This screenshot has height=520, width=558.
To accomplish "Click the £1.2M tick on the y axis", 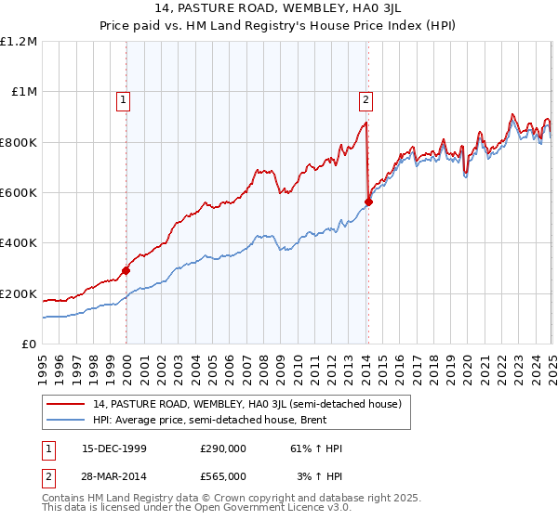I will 19,42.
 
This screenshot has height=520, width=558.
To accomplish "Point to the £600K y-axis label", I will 19,193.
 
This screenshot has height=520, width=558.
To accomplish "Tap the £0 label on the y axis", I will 29,344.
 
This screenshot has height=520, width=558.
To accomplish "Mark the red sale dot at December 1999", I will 126,271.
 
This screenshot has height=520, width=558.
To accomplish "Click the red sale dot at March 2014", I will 369,201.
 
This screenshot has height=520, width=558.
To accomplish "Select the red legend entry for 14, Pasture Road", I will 246,404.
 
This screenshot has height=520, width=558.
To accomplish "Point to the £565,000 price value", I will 223,475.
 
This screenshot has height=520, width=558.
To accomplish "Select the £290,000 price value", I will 223,448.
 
